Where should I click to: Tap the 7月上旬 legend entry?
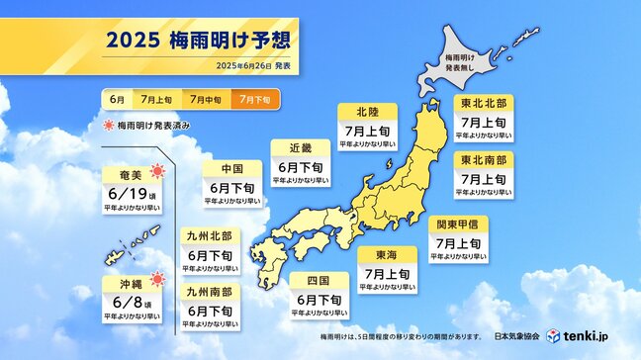(x=155, y=100)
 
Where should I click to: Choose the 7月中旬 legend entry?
(x=205, y=100)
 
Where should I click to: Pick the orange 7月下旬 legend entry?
(x=255, y=100)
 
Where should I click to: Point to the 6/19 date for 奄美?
(x=125, y=191)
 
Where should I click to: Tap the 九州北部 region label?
(x=209, y=235)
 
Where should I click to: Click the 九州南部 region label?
(x=209, y=292)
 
